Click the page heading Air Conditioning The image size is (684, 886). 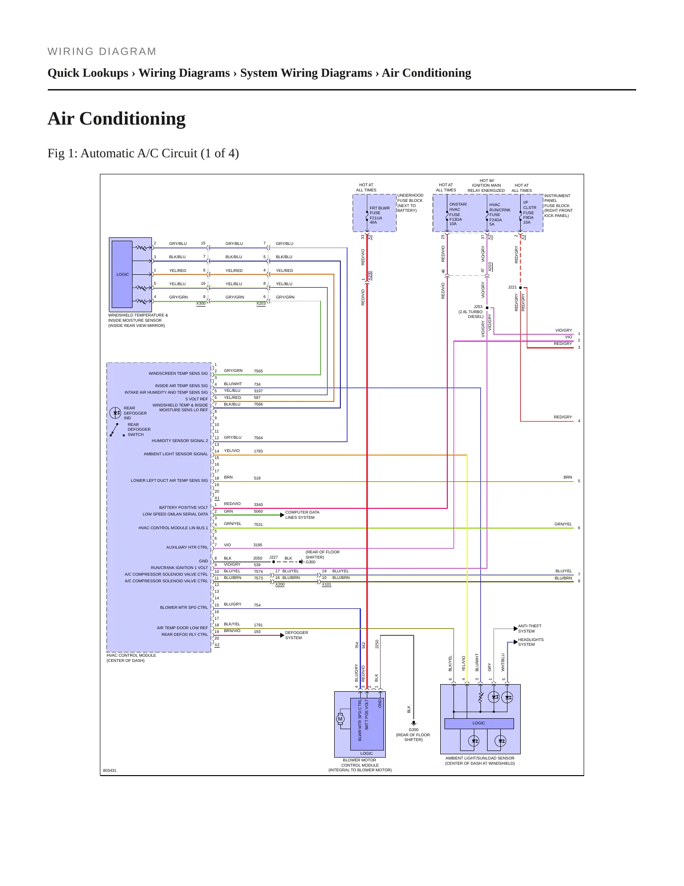[x=116, y=118]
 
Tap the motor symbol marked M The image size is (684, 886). [x=340, y=719]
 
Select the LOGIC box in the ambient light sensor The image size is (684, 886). [x=479, y=723]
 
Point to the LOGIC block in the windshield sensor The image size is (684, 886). [x=122, y=274]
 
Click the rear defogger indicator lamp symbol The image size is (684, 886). [x=115, y=413]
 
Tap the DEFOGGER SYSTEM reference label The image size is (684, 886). [x=296, y=635]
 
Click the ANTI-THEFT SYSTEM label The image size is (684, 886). [x=529, y=628]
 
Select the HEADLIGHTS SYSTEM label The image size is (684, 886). [x=531, y=642]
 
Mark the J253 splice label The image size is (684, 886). [x=478, y=307]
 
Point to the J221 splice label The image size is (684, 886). [x=512, y=287]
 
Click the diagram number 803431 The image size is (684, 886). [x=110, y=770]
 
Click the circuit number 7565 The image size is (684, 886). [x=258, y=371]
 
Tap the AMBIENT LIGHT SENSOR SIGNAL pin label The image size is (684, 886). [x=176, y=454]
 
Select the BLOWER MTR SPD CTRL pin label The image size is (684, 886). [x=184, y=607]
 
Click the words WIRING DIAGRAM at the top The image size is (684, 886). [x=102, y=52]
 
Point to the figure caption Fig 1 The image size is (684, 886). [x=143, y=154]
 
